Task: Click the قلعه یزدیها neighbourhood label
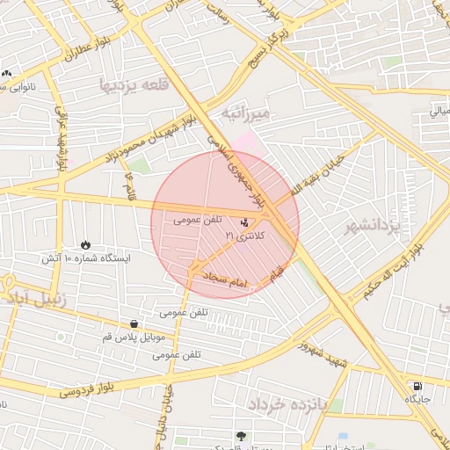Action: [x=134, y=85]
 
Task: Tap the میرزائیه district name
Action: [x=251, y=114]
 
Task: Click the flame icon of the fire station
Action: [x=85, y=244]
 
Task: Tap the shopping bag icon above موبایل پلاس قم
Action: [x=134, y=323]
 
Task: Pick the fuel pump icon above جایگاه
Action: [x=417, y=385]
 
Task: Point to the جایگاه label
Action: [x=417, y=399]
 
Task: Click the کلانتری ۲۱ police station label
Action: [x=242, y=236]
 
